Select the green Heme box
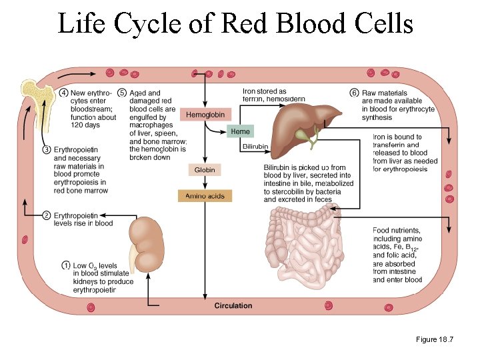pos(240,131)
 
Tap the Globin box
pos(205,170)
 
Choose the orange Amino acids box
pos(205,195)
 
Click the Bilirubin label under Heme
pos(255,146)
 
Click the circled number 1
pos(66,265)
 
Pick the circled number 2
pos(47,215)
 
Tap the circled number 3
pos(47,149)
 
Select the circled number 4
pos(63,93)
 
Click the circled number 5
pos(122,93)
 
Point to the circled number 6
pos(354,93)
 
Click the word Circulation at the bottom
pos(233,306)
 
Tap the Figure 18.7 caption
pos(434,340)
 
